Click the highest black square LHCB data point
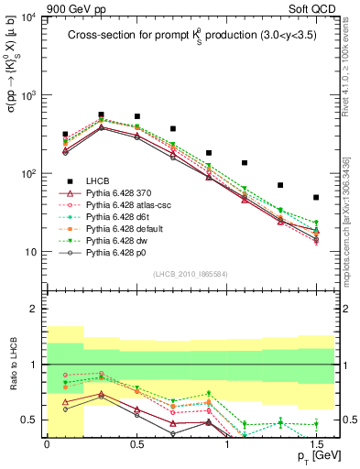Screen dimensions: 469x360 click(x=101, y=115)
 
